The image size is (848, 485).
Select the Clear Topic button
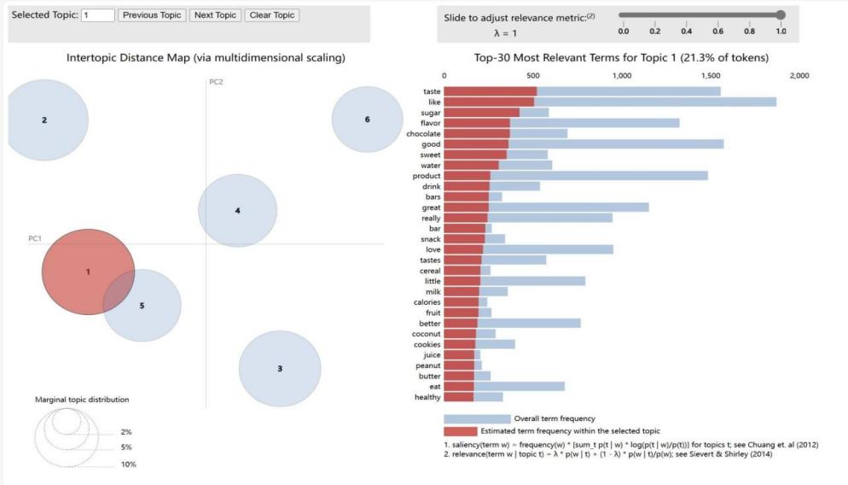(x=271, y=15)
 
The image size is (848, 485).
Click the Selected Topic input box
(x=98, y=15)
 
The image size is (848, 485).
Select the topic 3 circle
(x=280, y=368)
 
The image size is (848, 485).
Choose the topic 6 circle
(x=367, y=120)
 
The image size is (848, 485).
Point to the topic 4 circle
(x=237, y=210)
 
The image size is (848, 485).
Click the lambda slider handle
(x=781, y=15)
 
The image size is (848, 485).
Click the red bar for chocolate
(x=476, y=133)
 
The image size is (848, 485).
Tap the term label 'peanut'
(x=427, y=365)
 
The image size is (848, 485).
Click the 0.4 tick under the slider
(x=686, y=32)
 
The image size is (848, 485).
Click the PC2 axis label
(x=216, y=82)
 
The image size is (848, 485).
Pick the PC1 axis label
(x=36, y=238)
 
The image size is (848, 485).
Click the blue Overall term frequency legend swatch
(x=476, y=418)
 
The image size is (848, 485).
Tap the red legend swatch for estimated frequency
(x=460, y=431)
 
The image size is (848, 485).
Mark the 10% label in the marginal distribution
(x=128, y=465)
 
